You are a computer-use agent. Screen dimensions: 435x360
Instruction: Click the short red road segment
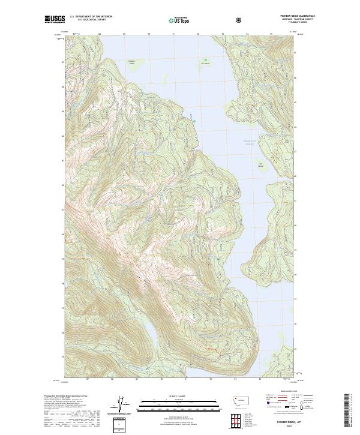207,348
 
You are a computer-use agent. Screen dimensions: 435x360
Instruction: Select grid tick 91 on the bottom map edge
186,379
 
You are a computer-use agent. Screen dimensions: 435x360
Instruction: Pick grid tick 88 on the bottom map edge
112,379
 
